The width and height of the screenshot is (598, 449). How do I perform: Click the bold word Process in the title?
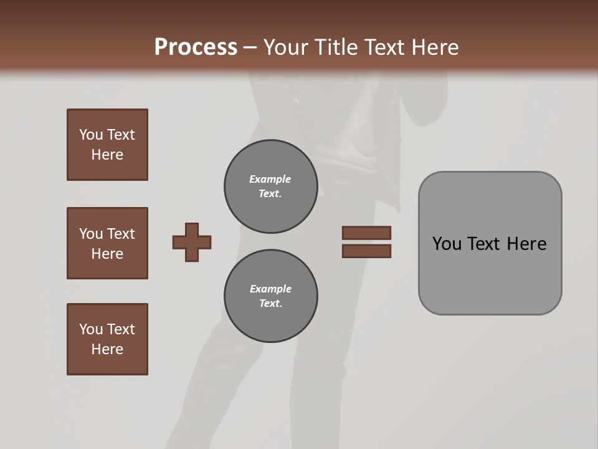[196, 47]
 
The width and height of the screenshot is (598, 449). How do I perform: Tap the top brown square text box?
[107, 145]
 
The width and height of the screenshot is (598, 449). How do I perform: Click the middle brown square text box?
[107, 243]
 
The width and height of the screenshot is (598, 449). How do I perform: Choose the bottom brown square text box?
[107, 339]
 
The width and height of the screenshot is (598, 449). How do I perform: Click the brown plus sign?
[192, 242]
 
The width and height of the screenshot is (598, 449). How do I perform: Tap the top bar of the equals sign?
[366, 233]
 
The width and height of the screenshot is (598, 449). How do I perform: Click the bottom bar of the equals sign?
[366, 251]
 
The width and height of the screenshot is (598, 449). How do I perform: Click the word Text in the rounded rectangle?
[483, 244]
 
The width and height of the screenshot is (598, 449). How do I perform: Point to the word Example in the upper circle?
[270, 179]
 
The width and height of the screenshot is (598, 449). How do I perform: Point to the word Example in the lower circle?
[270, 289]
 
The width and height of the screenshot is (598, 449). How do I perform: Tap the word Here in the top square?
[107, 155]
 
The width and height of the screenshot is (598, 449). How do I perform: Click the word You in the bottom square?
[91, 329]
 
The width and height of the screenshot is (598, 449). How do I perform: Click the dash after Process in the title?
[250, 47]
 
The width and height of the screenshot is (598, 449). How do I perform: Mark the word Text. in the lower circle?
[270, 303]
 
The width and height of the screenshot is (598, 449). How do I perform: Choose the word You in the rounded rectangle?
[447, 244]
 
